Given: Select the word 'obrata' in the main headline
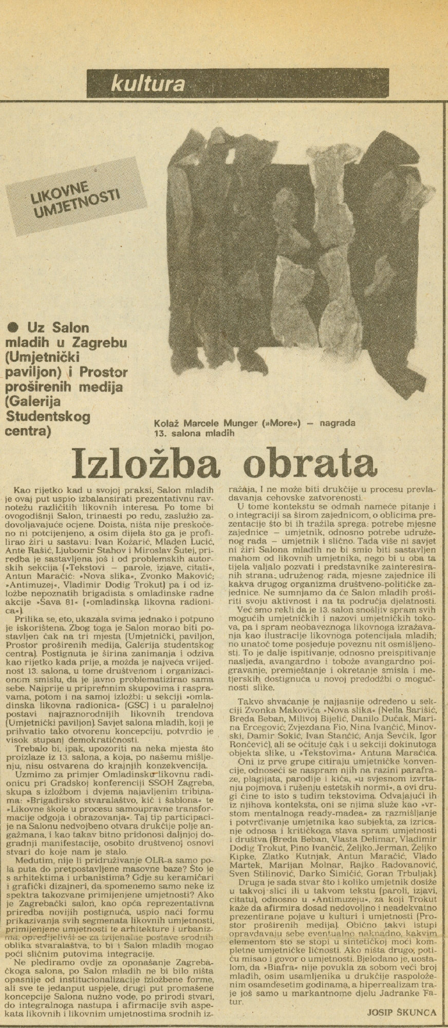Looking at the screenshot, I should [304, 462].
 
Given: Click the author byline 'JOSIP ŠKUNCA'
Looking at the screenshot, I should [402, 1012].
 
